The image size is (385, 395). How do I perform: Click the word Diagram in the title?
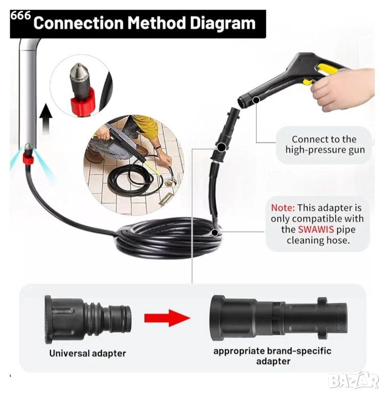pos(223,23)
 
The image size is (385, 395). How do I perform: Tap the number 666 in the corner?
pos(21,15)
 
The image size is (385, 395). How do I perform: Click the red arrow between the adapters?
pos(167,318)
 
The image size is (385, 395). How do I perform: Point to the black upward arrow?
pos(46,118)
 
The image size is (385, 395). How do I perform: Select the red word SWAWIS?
pos(316,229)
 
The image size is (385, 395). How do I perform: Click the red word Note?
pos(283,208)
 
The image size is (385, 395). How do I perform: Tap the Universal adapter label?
pos(87,353)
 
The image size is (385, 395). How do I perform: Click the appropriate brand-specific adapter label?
pos(272,356)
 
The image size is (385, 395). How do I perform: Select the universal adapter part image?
pos(88,319)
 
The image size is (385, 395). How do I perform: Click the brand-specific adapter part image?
pos(278,318)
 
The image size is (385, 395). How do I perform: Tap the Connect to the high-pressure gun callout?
pos(325,145)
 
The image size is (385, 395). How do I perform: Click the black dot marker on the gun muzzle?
pos(256,100)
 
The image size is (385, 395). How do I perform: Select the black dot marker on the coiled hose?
pos(215,233)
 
